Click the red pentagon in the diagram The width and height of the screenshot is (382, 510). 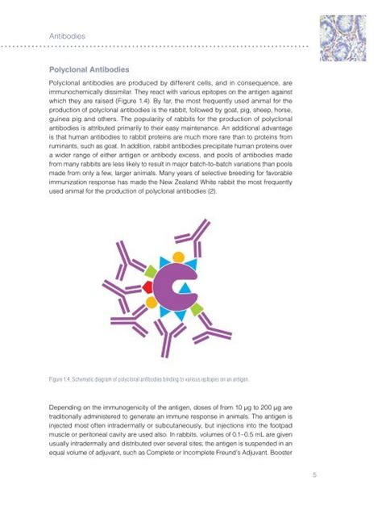click(x=147, y=286)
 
